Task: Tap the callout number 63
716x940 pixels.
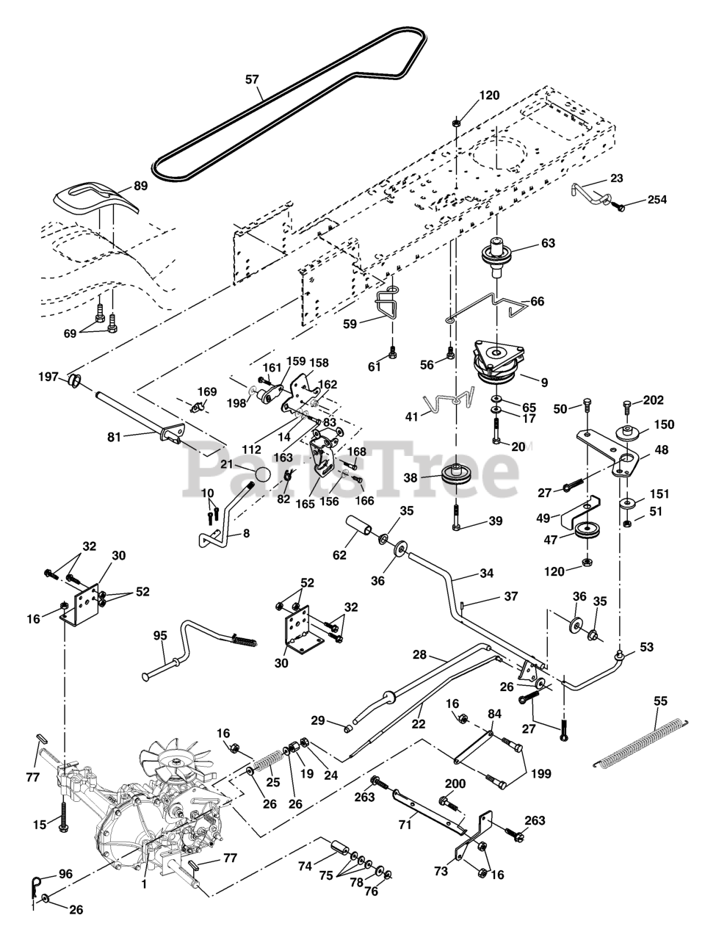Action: coord(548,243)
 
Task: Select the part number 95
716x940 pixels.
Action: coord(160,635)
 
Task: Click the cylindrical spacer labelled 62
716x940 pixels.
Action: coord(361,529)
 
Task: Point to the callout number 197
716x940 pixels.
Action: coord(48,377)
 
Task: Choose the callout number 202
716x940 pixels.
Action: coord(653,400)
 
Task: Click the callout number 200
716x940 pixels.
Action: coord(455,784)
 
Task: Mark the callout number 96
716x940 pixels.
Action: coord(65,875)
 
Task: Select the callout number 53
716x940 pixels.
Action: coord(646,647)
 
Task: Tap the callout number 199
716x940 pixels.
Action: coord(540,773)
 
